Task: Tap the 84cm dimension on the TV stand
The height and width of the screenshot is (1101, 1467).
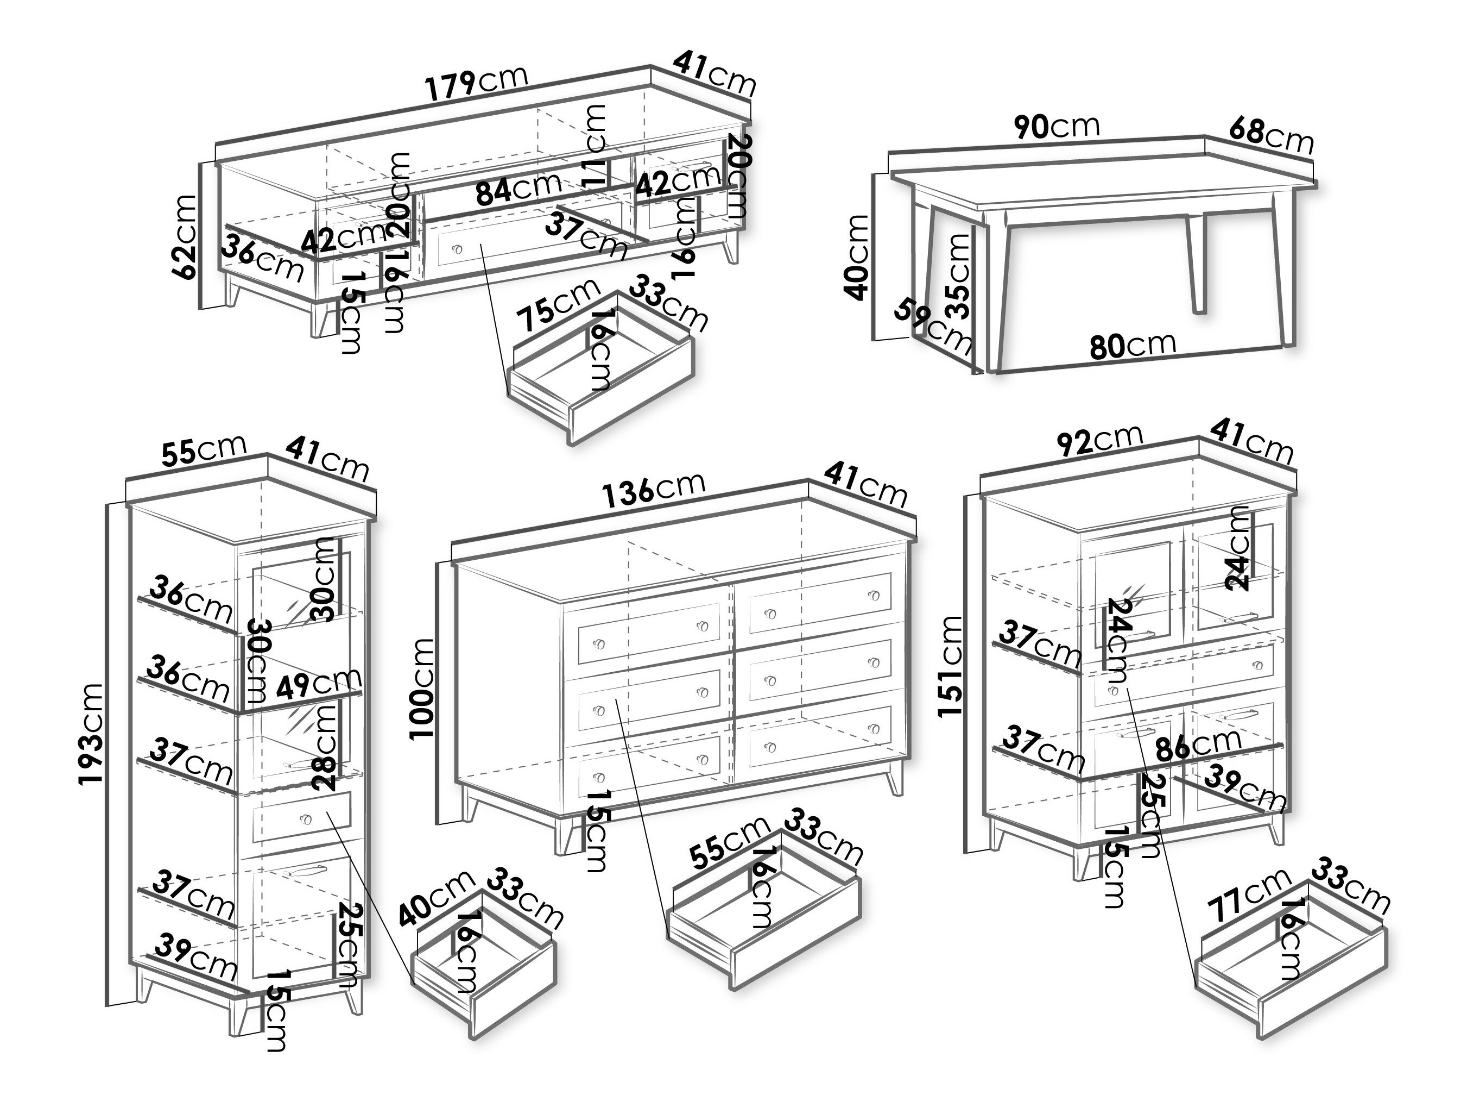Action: tap(518, 189)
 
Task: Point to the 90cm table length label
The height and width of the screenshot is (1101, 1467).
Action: tap(1056, 127)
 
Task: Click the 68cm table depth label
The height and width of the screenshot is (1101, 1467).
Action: tap(1270, 135)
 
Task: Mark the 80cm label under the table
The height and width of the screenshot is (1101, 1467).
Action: tap(1132, 345)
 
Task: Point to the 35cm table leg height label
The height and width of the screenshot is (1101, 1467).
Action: tap(958, 276)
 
